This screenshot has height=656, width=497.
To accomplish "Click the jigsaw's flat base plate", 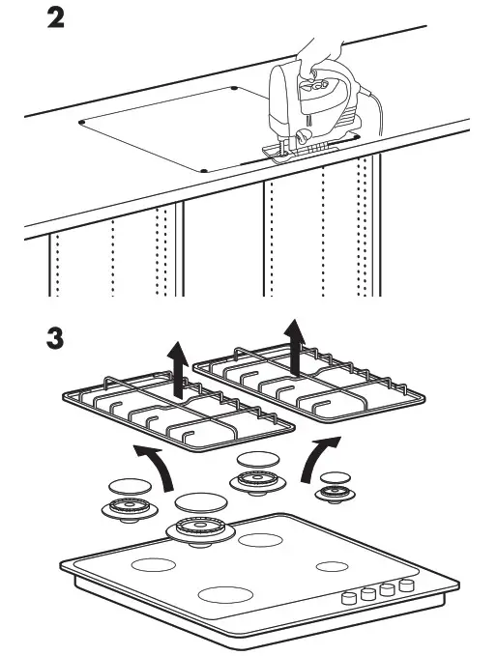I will pos(300,152).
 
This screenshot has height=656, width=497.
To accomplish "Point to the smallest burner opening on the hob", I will pos(332,566).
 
